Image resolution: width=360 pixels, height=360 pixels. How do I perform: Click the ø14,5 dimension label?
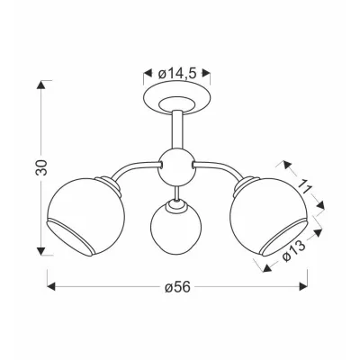click(x=177, y=74)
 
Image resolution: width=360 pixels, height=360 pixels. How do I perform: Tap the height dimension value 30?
click(x=41, y=167)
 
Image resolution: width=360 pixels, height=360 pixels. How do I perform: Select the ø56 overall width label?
click(x=177, y=287)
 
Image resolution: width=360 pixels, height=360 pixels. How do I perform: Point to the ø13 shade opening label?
click(x=294, y=251)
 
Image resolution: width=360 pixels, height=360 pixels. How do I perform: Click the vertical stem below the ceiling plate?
click(x=176, y=131)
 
